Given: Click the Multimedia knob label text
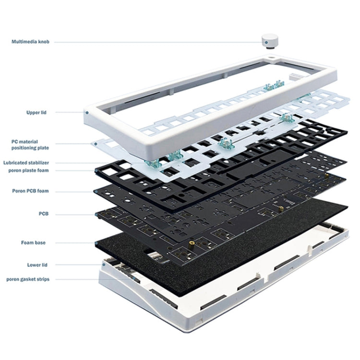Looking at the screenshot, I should pos(31,42).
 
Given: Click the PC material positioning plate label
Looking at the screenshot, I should pos(30,144).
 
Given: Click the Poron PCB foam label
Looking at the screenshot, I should pos(30,191).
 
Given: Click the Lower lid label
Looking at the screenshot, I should pos(37,264).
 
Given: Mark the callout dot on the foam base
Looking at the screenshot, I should pos(96,243).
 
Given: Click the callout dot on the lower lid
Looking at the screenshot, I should pos(103,264).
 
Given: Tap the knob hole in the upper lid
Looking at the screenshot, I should pos(272,60).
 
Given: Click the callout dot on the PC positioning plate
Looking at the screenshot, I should pos(93,142).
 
